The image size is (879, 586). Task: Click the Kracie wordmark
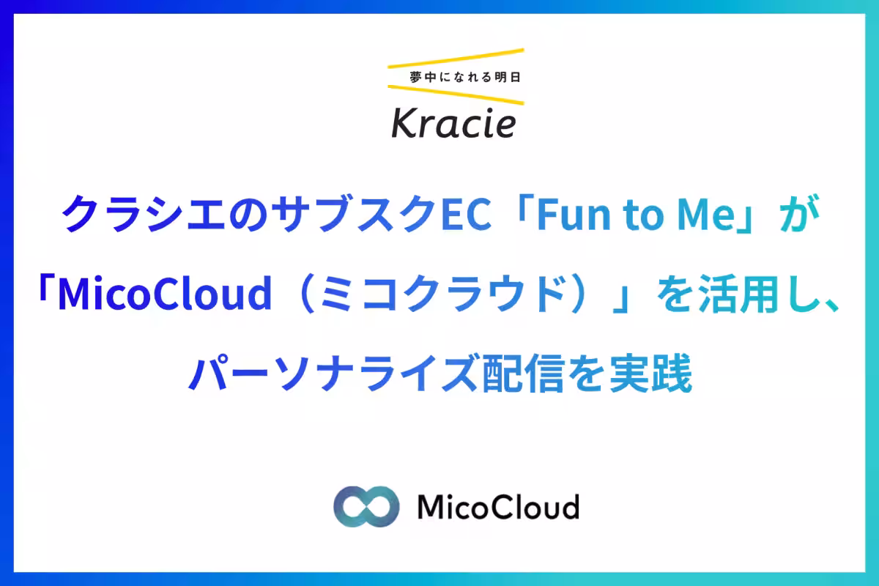pos(453,123)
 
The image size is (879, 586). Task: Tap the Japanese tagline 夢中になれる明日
pos(465,78)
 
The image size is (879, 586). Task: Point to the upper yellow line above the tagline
pos(456,58)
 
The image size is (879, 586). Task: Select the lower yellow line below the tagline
pos(456,95)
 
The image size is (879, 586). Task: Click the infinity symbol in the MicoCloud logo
pos(366,506)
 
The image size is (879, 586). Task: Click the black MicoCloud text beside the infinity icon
pos(498,506)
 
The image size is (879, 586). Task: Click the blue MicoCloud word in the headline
pos(165,293)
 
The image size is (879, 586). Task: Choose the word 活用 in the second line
pos(738,294)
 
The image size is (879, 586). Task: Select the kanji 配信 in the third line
pos(522,373)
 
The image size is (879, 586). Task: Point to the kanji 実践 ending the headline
pos(651,373)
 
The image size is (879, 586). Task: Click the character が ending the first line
pos(799,213)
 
